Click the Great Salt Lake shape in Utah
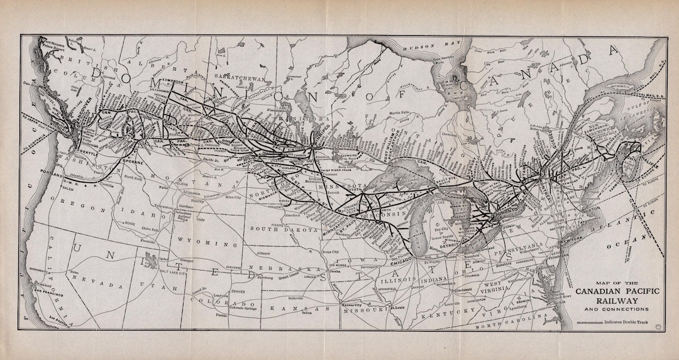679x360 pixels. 151,258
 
